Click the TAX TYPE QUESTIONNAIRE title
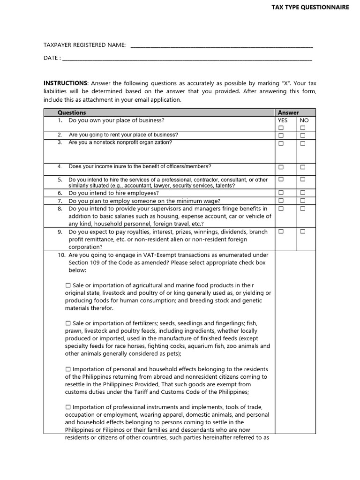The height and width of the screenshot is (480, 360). (311, 7)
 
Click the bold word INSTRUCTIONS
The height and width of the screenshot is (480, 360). (65, 83)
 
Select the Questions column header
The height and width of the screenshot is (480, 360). (72, 112)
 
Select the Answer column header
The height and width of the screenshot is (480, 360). (288, 112)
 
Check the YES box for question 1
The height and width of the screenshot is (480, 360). (281, 128)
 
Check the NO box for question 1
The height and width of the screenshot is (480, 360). (303, 128)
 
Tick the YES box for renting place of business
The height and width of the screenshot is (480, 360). (281, 135)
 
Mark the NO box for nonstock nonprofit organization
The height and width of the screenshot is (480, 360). (303, 143)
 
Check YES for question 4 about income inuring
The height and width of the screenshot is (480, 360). (281, 167)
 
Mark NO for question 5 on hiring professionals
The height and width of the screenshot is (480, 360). (303, 179)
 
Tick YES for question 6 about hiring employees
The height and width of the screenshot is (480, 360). (281, 193)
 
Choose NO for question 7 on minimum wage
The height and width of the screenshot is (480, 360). (303, 201)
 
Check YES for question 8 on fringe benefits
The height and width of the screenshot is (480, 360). (281, 208)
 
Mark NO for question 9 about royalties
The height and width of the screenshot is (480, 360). (303, 232)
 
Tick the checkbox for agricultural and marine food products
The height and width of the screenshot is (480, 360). (68, 285)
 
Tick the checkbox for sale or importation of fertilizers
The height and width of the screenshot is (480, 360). (68, 323)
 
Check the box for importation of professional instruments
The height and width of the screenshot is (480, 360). (68, 407)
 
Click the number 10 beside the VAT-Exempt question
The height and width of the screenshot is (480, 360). (61, 255)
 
